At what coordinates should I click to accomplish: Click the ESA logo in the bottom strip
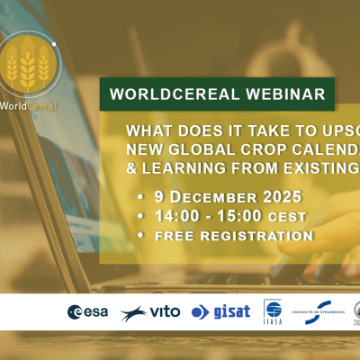[x=88, y=312]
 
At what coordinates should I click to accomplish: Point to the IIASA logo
[x=273, y=310]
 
